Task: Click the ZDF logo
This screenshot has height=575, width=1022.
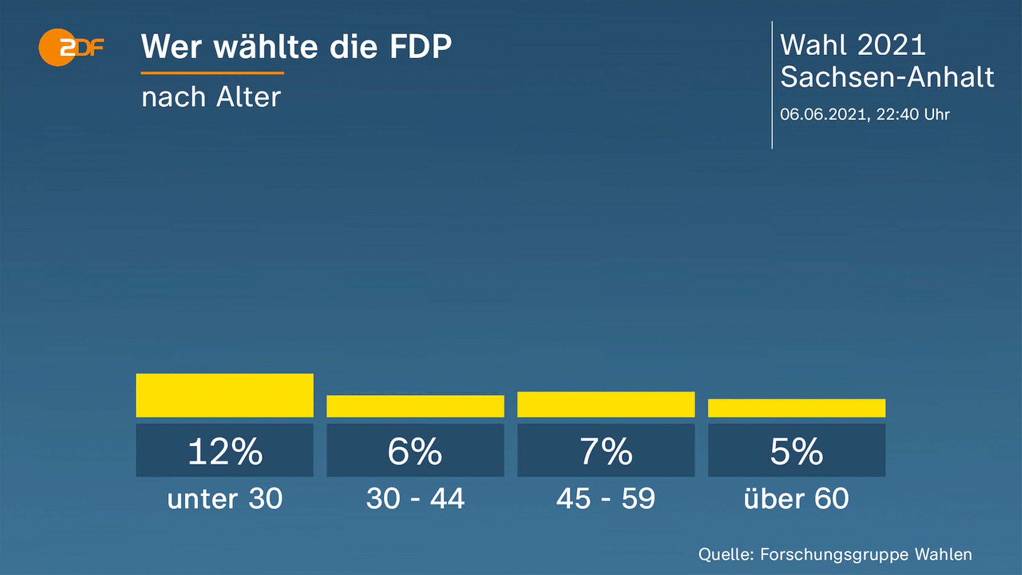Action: (x=71, y=47)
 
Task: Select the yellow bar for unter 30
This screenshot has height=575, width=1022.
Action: (x=224, y=395)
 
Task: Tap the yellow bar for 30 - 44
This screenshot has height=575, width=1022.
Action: (x=415, y=406)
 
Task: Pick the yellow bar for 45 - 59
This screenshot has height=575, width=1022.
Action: (x=606, y=404)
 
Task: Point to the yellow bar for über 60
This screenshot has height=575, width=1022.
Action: (x=796, y=408)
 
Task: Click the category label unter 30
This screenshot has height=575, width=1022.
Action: (x=225, y=499)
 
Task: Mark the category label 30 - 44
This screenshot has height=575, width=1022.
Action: (x=415, y=499)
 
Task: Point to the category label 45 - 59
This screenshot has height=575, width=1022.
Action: (x=606, y=499)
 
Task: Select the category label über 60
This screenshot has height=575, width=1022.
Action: (x=796, y=499)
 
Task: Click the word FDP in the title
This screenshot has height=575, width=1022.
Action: (x=420, y=46)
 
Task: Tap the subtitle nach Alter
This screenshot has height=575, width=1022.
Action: (x=211, y=97)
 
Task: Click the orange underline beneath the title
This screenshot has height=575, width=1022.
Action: (x=212, y=73)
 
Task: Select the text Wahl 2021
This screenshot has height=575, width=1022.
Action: (x=853, y=45)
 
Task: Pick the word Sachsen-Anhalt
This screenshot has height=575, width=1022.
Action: (x=887, y=77)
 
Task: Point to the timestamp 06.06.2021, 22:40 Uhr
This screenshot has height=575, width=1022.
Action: (x=864, y=114)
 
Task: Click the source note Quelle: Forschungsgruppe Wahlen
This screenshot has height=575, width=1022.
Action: (x=835, y=555)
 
